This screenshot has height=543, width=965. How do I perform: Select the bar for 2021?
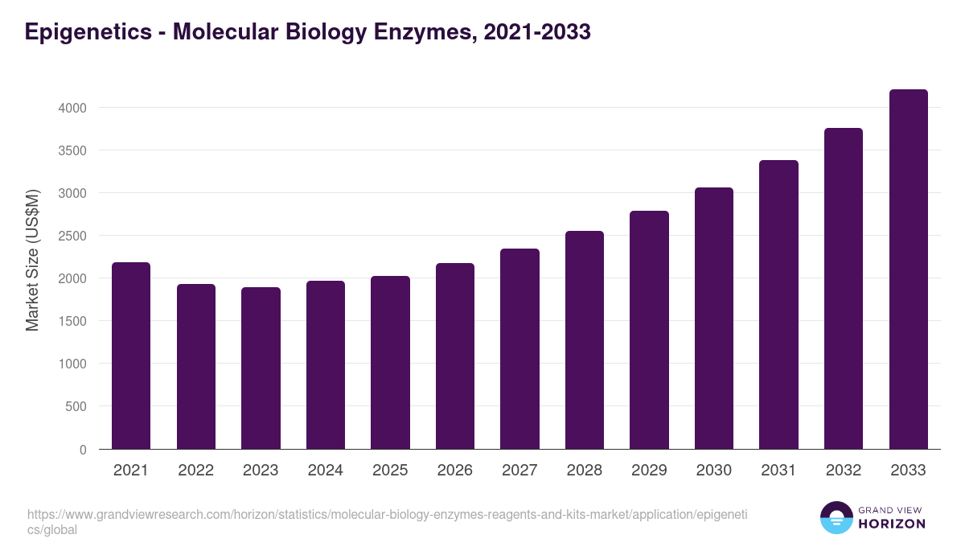pyautogui.click(x=131, y=356)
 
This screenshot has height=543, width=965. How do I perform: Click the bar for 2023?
pyautogui.click(x=261, y=368)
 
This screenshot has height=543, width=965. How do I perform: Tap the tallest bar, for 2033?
pyautogui.click(x=908, y=269)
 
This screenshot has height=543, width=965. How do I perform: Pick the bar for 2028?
pyautogui.click(x=584, y=339)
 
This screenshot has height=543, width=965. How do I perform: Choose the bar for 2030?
pyautogui.click(x=714, y=318)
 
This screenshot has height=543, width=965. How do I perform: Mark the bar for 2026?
pyautogui.click(x=454, y=356)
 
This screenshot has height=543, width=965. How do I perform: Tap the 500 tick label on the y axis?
pyautogui.click(x=77, y=406)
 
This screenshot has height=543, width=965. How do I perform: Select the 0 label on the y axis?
pyautogui.click(x=83, y=450)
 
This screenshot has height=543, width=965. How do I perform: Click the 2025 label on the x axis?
pyautogui.click(x=390, y=471)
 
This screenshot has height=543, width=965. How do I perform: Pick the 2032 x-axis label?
pyautogui.click(x=844, y=471)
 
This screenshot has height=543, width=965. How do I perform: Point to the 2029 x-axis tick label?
pyautogui.click(x=649, y=471)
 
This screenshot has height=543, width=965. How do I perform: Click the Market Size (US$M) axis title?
pyautogui.click(x=32, y=260)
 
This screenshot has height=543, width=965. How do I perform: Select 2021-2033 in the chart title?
pyautogui.click(x=537, y=32)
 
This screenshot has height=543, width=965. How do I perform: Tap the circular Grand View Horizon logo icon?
pyautogui.click(x=836, y=517)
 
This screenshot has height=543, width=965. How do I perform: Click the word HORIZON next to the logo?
pyautogui.click(x=893, y=524)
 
